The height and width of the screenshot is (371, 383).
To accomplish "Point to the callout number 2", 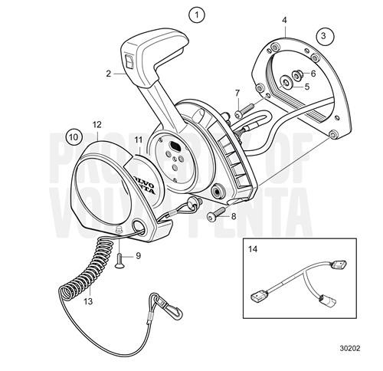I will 108,74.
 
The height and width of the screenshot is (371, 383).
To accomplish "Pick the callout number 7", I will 237,93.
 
